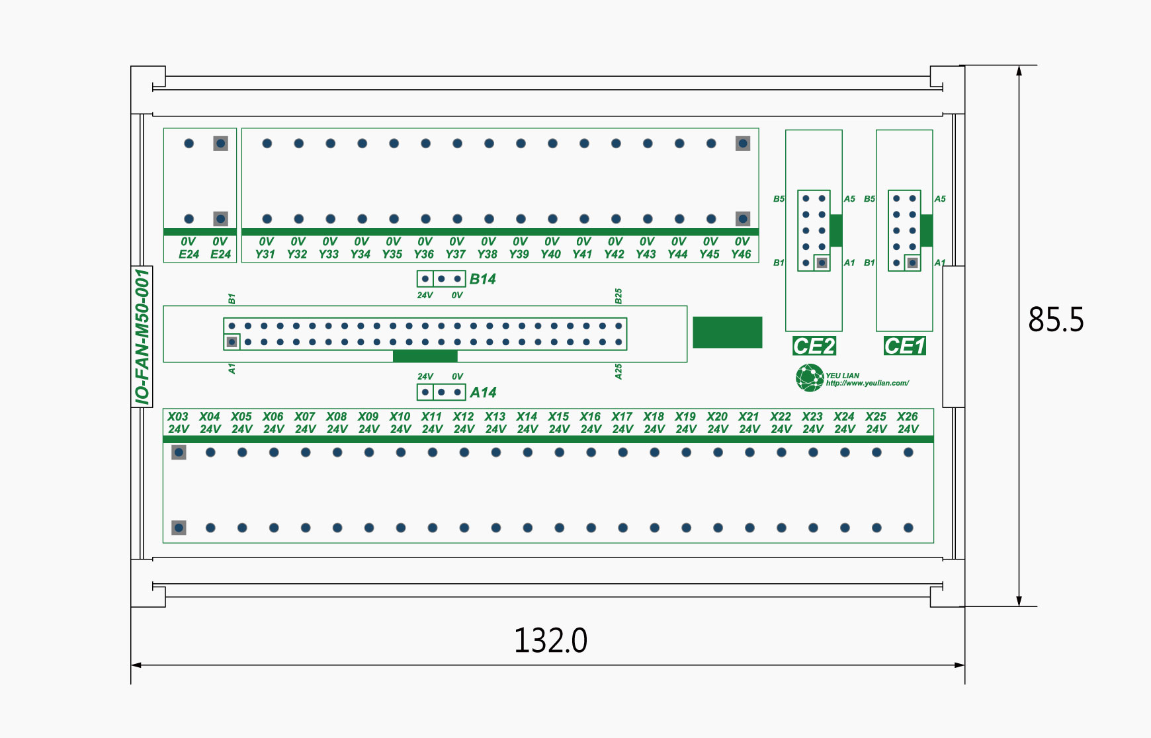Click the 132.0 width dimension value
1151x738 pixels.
550,640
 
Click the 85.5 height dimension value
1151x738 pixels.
1056,319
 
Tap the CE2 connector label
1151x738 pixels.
814,346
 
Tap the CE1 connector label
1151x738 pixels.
904,346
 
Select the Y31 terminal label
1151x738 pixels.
265,254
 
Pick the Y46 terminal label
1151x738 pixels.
741,254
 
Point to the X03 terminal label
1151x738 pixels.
177,417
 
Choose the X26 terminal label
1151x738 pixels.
907,417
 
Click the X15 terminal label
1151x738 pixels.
558,417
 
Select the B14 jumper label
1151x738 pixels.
482,279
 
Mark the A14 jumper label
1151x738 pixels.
483,393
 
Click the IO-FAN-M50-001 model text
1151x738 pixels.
142,337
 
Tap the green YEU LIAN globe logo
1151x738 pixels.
809,378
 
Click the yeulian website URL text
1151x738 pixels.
867,384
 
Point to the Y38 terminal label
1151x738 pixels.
487,254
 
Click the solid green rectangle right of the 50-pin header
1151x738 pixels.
727,332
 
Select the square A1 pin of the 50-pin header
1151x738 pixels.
232,342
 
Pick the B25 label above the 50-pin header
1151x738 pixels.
618,296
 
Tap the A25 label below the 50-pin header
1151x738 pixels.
618,372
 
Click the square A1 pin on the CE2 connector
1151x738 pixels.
822,263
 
